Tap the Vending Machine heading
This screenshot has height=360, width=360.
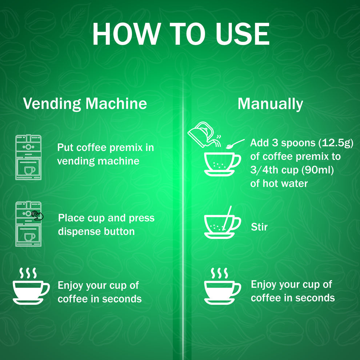85,104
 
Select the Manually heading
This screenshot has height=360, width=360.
270,104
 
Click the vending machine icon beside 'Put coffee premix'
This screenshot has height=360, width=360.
28,157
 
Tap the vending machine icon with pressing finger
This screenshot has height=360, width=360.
28,224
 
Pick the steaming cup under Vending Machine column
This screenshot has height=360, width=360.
31,287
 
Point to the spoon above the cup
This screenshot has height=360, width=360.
235,144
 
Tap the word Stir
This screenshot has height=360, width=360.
259,227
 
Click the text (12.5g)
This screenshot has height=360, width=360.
336,143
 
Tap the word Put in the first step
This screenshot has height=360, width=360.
65,148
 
